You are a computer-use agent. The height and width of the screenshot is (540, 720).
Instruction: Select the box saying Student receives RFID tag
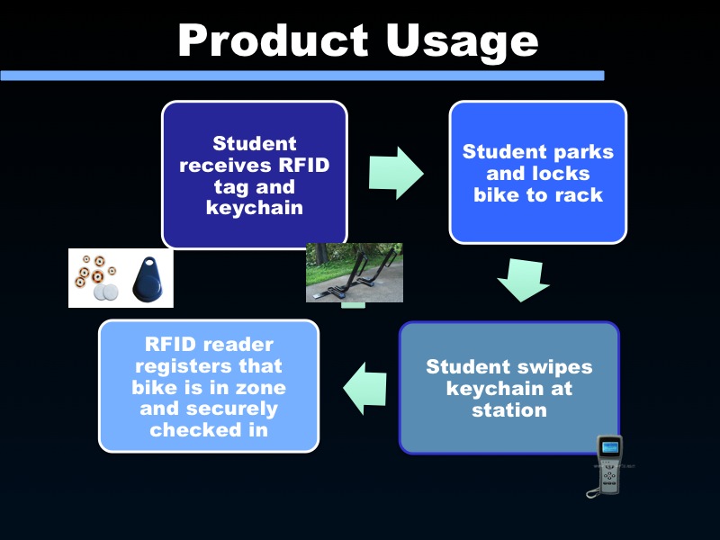click(255, 175)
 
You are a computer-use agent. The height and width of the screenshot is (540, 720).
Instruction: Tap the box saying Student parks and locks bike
click(537, 172)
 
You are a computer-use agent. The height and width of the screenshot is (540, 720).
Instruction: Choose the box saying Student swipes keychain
click(509, 388)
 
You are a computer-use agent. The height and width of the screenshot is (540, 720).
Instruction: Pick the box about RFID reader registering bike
click(208, 386)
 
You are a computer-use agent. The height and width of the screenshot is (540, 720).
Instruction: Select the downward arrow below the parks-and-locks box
click(523, 280)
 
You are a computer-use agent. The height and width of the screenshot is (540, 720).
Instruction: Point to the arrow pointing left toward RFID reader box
click(365, 388)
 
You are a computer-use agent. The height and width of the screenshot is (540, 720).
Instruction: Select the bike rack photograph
click(354, 273)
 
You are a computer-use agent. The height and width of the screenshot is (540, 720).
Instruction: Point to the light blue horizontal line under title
click(301, 76)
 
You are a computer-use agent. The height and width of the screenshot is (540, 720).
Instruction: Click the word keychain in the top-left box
click(255, 208)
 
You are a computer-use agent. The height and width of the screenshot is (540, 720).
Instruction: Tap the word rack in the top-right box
click(580, 194)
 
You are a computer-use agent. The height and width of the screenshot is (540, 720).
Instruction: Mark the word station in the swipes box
click(509, 409)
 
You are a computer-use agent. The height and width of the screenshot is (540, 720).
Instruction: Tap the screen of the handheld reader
click(610, 447)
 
